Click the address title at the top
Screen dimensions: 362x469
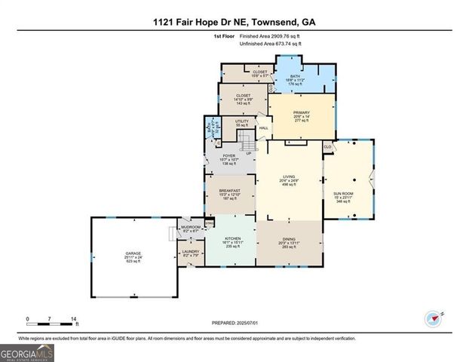point(234,22)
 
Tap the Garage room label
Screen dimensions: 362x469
point(133,257)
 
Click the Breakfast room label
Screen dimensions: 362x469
point(229,194)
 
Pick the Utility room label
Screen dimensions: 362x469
point(241,122)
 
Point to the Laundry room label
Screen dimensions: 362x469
point(191,254)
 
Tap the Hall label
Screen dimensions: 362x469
point(264,127)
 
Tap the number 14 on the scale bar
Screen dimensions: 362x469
point(74,319)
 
